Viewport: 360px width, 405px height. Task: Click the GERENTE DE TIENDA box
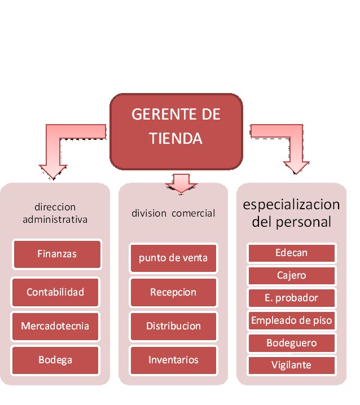click(176, 131)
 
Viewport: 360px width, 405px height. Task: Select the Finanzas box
click(56, 254)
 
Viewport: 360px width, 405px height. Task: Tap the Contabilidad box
click(55, 292)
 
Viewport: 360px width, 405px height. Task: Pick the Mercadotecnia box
click(55, 326)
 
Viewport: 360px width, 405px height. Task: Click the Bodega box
click(55, 360)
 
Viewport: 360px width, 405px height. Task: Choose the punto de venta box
click(173, 258)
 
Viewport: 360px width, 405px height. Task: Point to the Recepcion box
click(173, 292)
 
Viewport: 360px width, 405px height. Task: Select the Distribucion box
click(173, 326)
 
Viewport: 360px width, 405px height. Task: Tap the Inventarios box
click(173, 360)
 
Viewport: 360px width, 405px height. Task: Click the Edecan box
click(292, 253)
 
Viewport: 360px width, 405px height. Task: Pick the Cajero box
click(292, 275)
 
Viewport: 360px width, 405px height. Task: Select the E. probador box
click(292, 298)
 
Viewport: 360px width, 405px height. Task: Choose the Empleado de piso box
click(292, 321)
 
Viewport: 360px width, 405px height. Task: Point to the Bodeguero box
click(292, 343)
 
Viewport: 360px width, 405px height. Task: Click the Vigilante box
click(292, 365)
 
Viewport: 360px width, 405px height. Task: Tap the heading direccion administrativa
click(55, 213)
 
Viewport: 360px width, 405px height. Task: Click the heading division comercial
click(173, 213)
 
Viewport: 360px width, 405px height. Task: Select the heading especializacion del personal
click(292, 212)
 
